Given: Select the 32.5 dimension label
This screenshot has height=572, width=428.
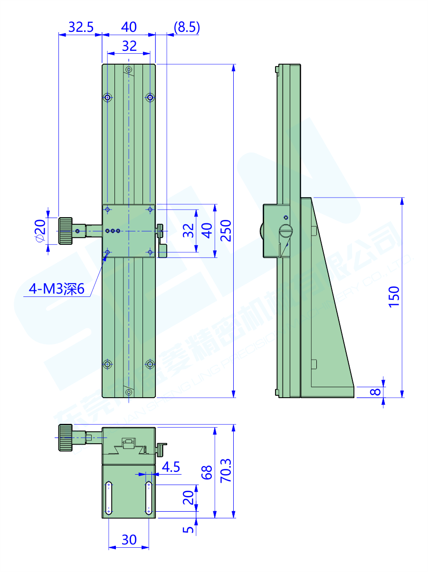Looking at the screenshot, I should pyautogui.click(x=80, y=27).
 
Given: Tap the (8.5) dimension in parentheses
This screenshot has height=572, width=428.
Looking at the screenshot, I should pyautogui.click(x=186, y=27).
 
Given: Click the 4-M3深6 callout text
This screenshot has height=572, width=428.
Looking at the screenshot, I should pyautogui.click(x=57, y=289).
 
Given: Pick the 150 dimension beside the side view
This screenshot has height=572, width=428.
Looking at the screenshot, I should pyautogui.click(x=394, y=296).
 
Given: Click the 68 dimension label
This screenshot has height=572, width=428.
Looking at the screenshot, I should pyautogui.click(x=207, y=473).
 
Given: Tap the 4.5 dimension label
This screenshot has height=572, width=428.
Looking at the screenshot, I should pyautogui.click(x=171, y=467).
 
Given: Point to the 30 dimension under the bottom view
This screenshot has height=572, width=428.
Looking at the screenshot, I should pyautogui.click(x=129, y=540).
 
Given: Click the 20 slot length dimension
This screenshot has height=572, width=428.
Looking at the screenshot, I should pyautogui.click(x=189, y=498).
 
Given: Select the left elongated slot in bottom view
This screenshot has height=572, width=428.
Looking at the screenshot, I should pyautogui.click(x=109, y=498).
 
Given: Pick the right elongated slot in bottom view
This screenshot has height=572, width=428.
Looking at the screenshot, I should pyautogui.click(x=149, y=498).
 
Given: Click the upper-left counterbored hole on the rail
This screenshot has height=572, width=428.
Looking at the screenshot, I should pyautogui.click(x=108, y=98).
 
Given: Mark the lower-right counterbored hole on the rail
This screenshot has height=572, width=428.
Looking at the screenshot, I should pyautogui.click(x=150, y=364).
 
